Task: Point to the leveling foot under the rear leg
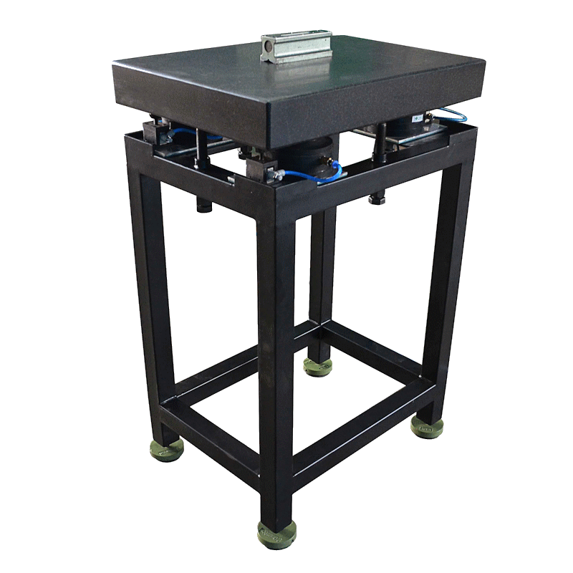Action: coord(317,367)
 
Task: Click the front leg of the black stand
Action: coord(276,358)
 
